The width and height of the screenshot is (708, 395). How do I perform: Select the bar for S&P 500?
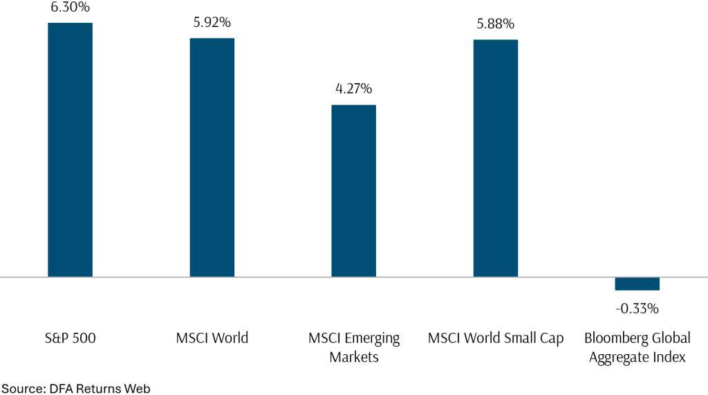[x=70, y=149]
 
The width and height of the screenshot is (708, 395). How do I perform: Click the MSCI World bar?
[x=212, y=157]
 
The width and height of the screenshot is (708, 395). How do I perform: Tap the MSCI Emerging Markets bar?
[x=353, y=190]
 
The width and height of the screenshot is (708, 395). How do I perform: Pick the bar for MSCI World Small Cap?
[x=495, y=158]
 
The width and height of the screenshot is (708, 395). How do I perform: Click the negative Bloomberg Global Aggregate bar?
[x=637, y=284]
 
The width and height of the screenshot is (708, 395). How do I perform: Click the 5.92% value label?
[x=212, y=22]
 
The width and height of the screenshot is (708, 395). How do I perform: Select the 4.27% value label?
[x=353, y=89]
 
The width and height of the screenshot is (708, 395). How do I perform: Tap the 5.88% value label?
[x=495, y=24]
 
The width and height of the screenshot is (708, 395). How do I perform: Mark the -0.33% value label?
[x=637, y=308]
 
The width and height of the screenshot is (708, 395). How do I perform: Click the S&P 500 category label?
[x=69, y=338]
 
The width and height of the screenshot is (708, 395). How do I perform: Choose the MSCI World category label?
[x=212, y=338]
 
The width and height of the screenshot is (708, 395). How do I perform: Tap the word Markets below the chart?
[x=353, y=357]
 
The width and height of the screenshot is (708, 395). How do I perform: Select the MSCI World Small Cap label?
[x=495, y=338]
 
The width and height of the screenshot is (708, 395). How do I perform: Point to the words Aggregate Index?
[x=637, y=357]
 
